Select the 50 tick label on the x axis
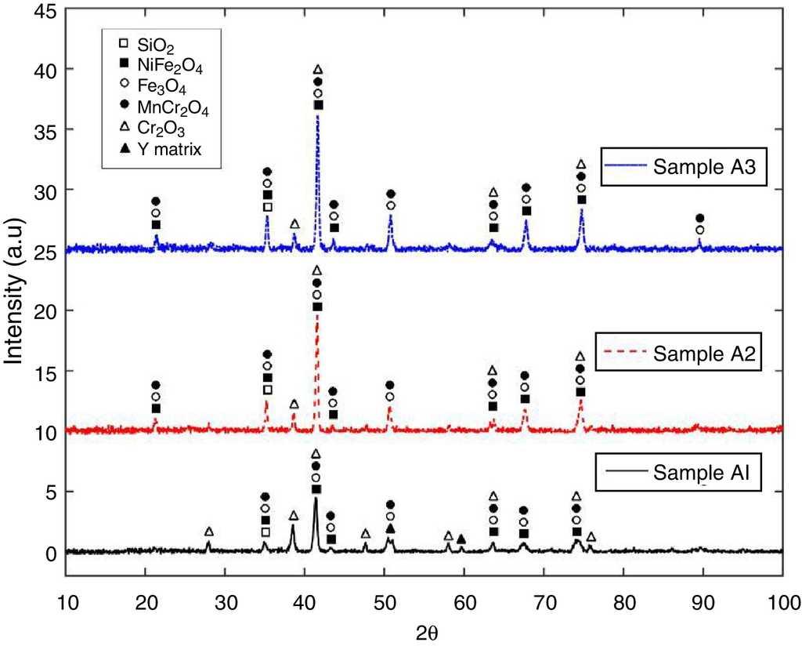385,604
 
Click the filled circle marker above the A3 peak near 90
700,218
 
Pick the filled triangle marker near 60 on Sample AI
461,539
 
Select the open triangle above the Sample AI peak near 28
208,532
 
